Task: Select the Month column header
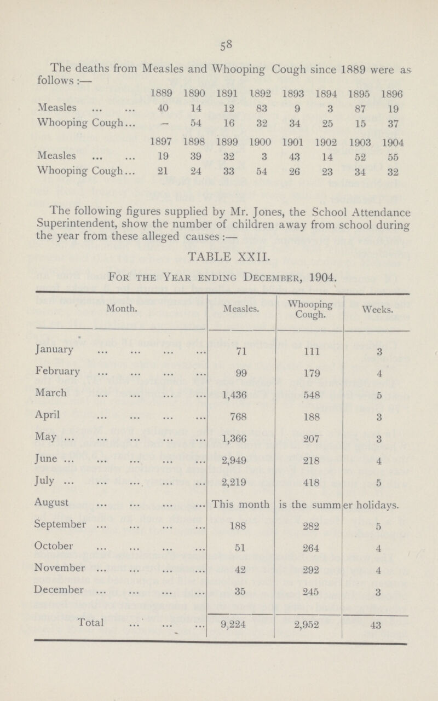pyautogui.click(x=118, y=309)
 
